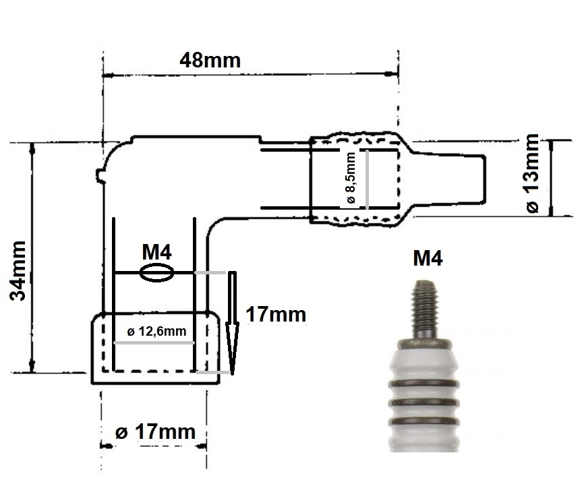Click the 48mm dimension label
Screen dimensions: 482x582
coord(210,60)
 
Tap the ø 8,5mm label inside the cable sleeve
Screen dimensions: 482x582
coord(350,179)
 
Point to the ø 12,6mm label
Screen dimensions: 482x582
coord(156,332)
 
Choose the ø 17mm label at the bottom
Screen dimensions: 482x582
coord(155,432)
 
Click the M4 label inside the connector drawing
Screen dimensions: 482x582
coord(156,252)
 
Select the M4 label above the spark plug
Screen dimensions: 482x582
coord(428,258)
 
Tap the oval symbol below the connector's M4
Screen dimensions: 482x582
coord(156,273)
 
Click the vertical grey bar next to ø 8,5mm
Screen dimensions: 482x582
coord(368,179)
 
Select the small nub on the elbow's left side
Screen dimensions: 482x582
coord(100,177)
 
